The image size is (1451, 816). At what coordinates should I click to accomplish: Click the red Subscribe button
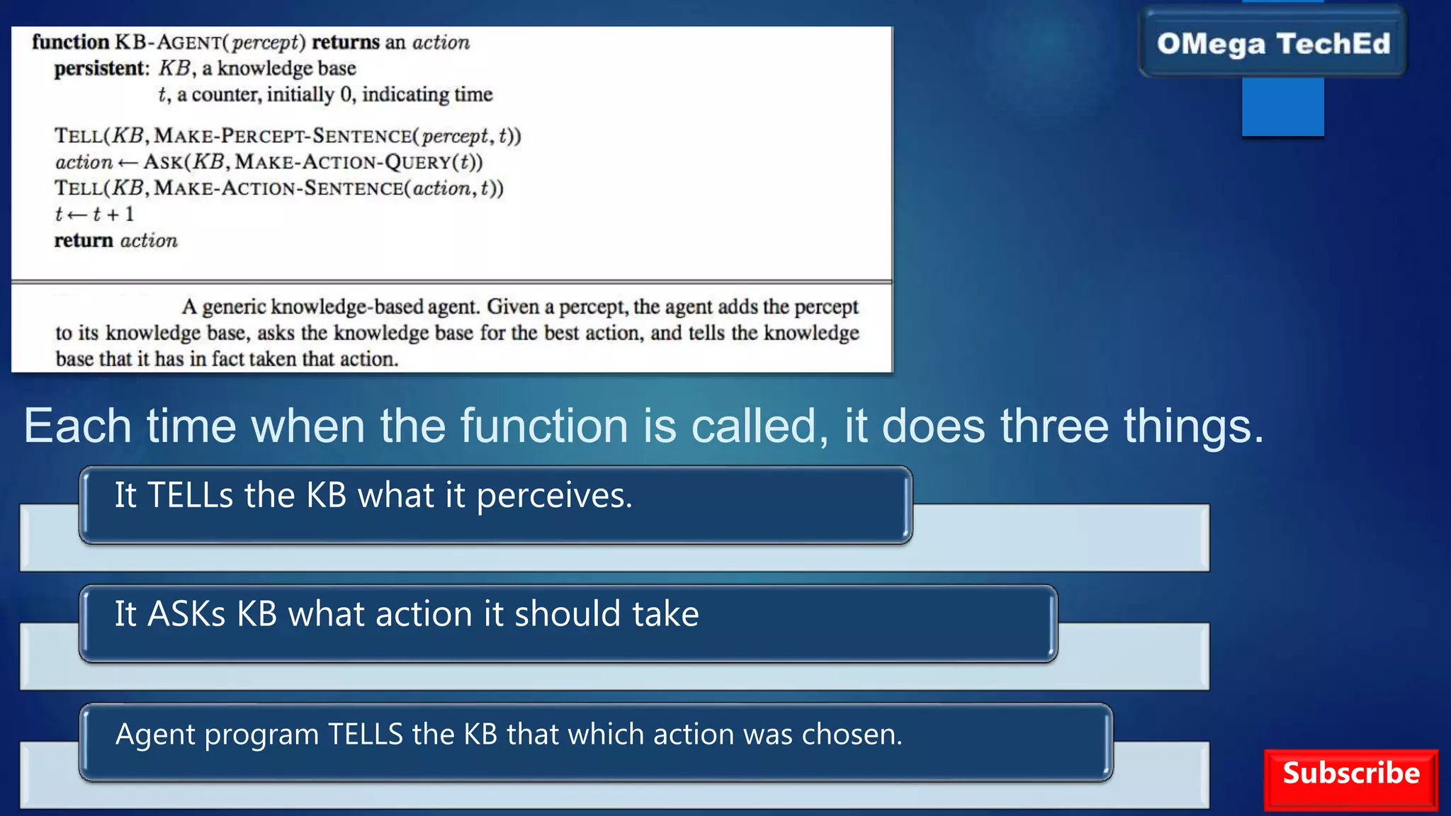click(1350, 778)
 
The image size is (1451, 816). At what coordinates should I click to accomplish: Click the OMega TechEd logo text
click(1273, 44)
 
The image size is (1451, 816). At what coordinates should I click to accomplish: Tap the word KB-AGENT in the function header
click(169, 42)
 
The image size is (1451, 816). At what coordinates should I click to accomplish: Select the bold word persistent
click(101, 69)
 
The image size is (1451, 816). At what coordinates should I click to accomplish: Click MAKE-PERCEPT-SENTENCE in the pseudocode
click(283, 136)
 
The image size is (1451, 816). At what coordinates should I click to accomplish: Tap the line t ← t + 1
click(94, 215)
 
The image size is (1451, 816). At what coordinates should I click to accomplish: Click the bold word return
click(84, 241)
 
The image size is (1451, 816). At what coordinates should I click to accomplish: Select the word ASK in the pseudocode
click(162, 162)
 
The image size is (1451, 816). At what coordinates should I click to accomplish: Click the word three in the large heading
click(1054, 426)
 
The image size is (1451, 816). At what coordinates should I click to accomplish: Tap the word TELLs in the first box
click(190, 495)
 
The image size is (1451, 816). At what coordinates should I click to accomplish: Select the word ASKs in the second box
click(186, 614)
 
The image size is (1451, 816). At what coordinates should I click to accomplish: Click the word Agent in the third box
click(154, 735)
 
